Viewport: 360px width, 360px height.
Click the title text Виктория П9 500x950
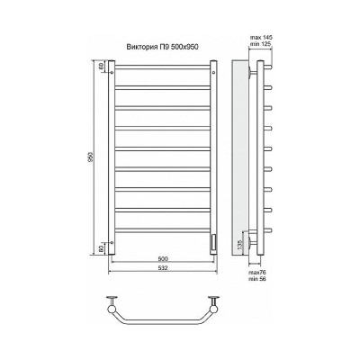(162, 47)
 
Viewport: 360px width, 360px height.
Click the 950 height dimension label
(91, 157)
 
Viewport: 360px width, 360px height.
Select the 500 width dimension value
(163, 258)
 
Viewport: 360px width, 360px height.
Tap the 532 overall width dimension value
(163, 268)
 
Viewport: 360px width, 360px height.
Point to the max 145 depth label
(261, 38)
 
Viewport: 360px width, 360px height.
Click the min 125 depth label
(261, 44)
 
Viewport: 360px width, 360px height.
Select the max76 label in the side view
(257, 273)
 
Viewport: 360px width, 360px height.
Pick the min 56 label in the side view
(257, 279)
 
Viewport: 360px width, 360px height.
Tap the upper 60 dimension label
(101, 67)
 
